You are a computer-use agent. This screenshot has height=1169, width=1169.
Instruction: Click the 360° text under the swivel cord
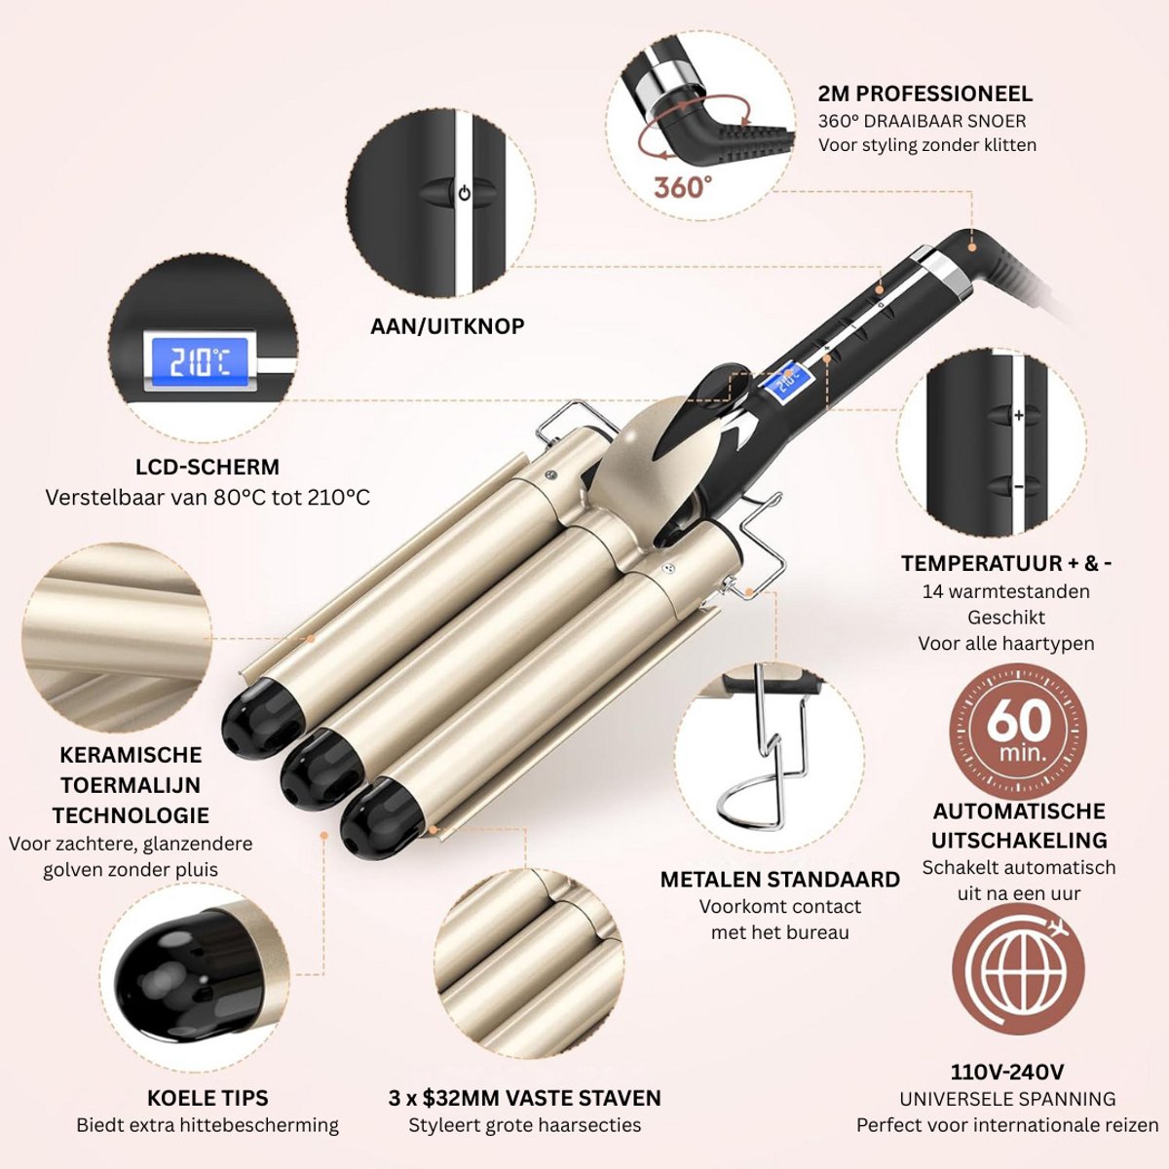pyautogui.click(x=683, y=186)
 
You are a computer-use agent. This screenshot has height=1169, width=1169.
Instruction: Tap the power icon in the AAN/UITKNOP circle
pyautogui.click(x=464, y=194)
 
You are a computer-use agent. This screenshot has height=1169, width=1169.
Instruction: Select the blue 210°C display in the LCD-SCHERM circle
pyautogui.click(x=200, y=362)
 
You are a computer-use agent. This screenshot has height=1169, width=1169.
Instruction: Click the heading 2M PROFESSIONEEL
pyautogui.click(x=925, y=94)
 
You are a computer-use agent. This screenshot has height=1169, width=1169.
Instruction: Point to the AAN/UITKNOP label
pyautogui.click(x=448, y=326)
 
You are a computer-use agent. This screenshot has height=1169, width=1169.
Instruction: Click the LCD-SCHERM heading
pyautogui.click(x=207, y=467)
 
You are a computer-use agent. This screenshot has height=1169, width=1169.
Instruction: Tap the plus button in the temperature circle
pyautogui.click(x=1019, y=416)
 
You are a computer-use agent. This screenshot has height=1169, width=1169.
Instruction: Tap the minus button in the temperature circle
pyautogui.click(x=1019, y=486)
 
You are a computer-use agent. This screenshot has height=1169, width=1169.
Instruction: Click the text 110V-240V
pyautogui.click(x=1006, y=1072)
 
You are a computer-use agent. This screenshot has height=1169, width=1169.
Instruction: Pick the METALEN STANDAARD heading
pyautogui.click(x=779, y=880)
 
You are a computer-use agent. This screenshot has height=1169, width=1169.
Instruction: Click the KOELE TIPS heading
pyautogui.click(x=207, y=1098)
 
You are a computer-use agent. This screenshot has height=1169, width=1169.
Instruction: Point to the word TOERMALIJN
pyautogui.click(x=131, y=785)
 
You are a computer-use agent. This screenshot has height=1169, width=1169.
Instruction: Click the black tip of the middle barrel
pyautogui.click(x=322, y=767)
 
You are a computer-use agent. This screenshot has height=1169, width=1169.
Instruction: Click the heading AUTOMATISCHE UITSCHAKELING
pyautogui.click(x=1019, y=826)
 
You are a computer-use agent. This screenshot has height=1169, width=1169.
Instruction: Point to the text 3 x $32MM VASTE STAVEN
pyautogui.click(x=525, y=1098)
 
